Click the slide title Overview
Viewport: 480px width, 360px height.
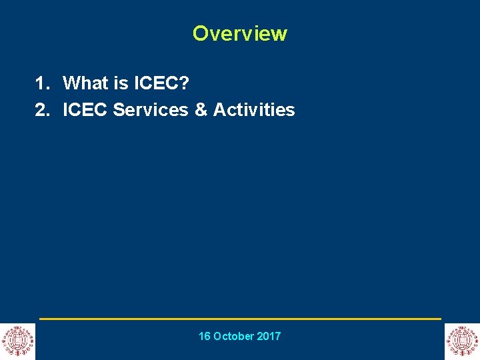239,33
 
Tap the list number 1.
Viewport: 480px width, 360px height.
42,83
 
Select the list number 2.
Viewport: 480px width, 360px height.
42,110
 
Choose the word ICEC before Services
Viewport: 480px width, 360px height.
85,110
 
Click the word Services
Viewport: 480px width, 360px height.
151,110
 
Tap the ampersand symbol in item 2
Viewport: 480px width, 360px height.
201,110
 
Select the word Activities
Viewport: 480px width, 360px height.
254,110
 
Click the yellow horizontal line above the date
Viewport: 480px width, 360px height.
240,319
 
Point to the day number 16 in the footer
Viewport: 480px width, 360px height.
205,337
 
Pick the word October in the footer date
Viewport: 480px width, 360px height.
235,337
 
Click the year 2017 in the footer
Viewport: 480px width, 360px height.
269,337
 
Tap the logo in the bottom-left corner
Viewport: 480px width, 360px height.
17,341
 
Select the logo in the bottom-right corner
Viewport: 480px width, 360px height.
462,341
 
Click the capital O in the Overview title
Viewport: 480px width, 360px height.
200,33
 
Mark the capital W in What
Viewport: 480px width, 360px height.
71,83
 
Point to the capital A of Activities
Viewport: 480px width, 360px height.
219,110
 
